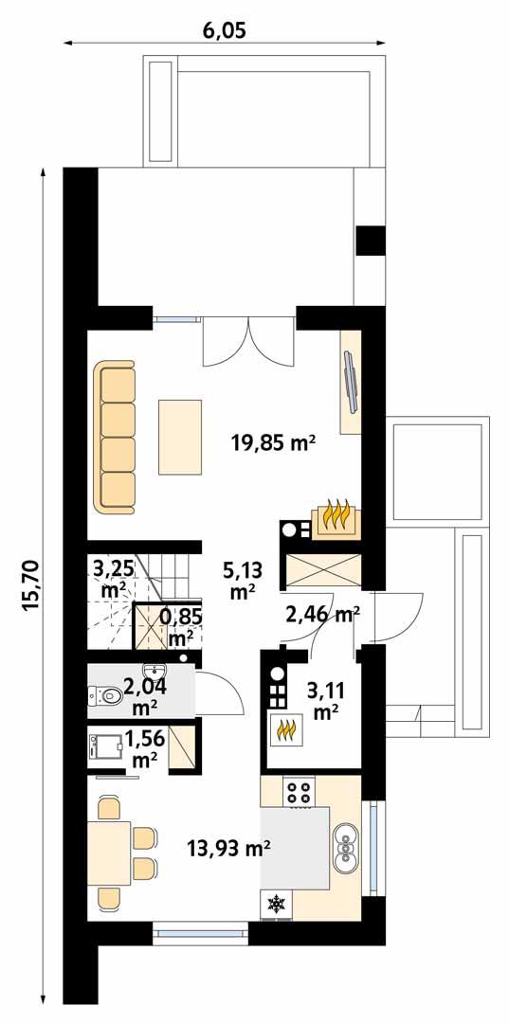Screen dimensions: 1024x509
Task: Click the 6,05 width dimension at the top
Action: point(224,30)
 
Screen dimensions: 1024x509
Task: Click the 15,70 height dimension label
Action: point(29,587)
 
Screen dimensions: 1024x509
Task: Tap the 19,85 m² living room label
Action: point(273,440)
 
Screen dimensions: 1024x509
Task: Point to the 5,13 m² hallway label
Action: point(244,580)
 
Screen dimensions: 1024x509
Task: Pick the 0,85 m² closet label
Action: point(181,626)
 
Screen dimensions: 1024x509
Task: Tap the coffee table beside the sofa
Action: point(181,437)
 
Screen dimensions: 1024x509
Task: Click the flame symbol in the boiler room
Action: point(285,730)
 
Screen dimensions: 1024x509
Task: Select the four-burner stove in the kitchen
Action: point(300,792)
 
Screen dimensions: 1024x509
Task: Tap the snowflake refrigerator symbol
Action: point(277,905)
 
